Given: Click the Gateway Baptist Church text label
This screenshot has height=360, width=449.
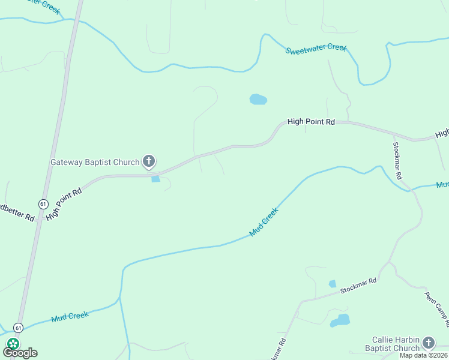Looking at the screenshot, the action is tap(95, 161).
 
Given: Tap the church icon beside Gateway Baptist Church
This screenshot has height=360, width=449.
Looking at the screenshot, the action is tap(149, 161).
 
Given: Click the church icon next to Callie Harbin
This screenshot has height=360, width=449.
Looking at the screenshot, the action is tap(428, 343).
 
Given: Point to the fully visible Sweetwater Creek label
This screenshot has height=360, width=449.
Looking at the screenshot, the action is tap(316, 48).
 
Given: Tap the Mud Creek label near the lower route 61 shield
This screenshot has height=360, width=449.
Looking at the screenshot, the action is tap(70, 316).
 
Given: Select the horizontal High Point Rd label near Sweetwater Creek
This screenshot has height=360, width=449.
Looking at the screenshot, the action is tap(311, 121).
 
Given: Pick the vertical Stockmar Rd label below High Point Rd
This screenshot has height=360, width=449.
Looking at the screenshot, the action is tap(397, 160).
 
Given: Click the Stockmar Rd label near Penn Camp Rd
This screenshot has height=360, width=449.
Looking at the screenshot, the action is tap(358, 286).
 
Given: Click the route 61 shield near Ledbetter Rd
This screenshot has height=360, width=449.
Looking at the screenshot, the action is tap(43, 204).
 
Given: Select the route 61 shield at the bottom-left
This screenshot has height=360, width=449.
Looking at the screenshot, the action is tap(19, 328).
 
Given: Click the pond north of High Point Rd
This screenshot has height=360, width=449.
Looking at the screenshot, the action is tap(258, 100).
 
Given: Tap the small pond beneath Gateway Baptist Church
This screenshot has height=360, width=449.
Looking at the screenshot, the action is tap(156, 179).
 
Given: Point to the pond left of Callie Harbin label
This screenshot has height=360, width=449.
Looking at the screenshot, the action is tap(340, 320).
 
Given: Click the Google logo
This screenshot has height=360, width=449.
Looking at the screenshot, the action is tap(20, 352).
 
